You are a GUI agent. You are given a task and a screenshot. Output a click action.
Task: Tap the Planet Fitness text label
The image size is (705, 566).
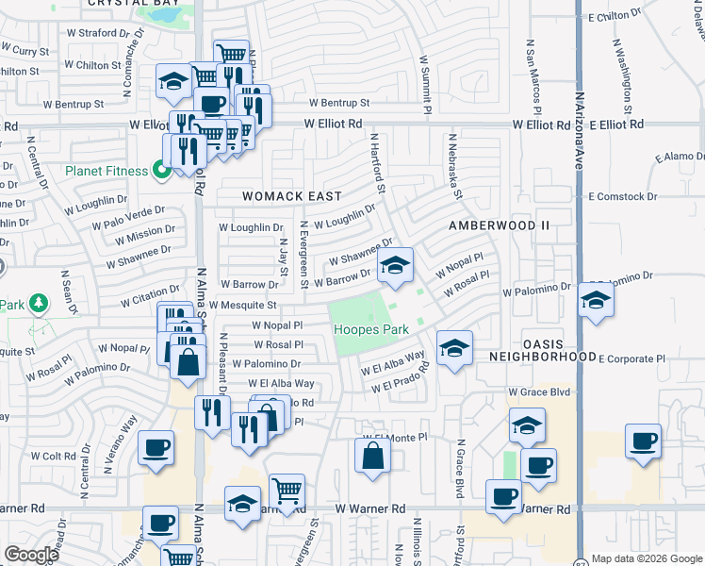106,171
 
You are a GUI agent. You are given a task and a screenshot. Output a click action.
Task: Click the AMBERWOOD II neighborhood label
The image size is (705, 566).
499,226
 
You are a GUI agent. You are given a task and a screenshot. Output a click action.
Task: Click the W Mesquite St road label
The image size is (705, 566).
242,306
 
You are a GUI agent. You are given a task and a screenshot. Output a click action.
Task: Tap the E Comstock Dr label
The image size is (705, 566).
622,197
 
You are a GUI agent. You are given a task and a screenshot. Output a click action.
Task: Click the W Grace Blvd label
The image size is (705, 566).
540,391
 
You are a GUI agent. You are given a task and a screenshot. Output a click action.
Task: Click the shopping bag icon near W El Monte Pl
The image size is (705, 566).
373,457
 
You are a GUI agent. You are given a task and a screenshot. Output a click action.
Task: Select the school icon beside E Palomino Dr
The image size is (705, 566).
596,301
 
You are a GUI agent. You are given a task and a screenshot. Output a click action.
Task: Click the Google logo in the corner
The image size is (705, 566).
31,555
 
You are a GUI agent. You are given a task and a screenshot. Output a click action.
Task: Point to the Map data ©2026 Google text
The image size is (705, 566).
647,558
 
